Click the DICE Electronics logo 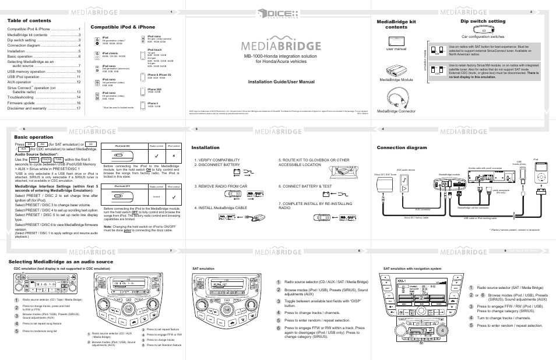(278, 13)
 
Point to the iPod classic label (110, 53)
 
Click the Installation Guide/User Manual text (277, 82)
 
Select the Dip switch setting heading (483, 21)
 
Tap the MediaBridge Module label (396, 79)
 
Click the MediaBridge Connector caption (398, 111)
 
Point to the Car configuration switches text (483, 36)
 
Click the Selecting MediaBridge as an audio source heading (60, 262)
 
